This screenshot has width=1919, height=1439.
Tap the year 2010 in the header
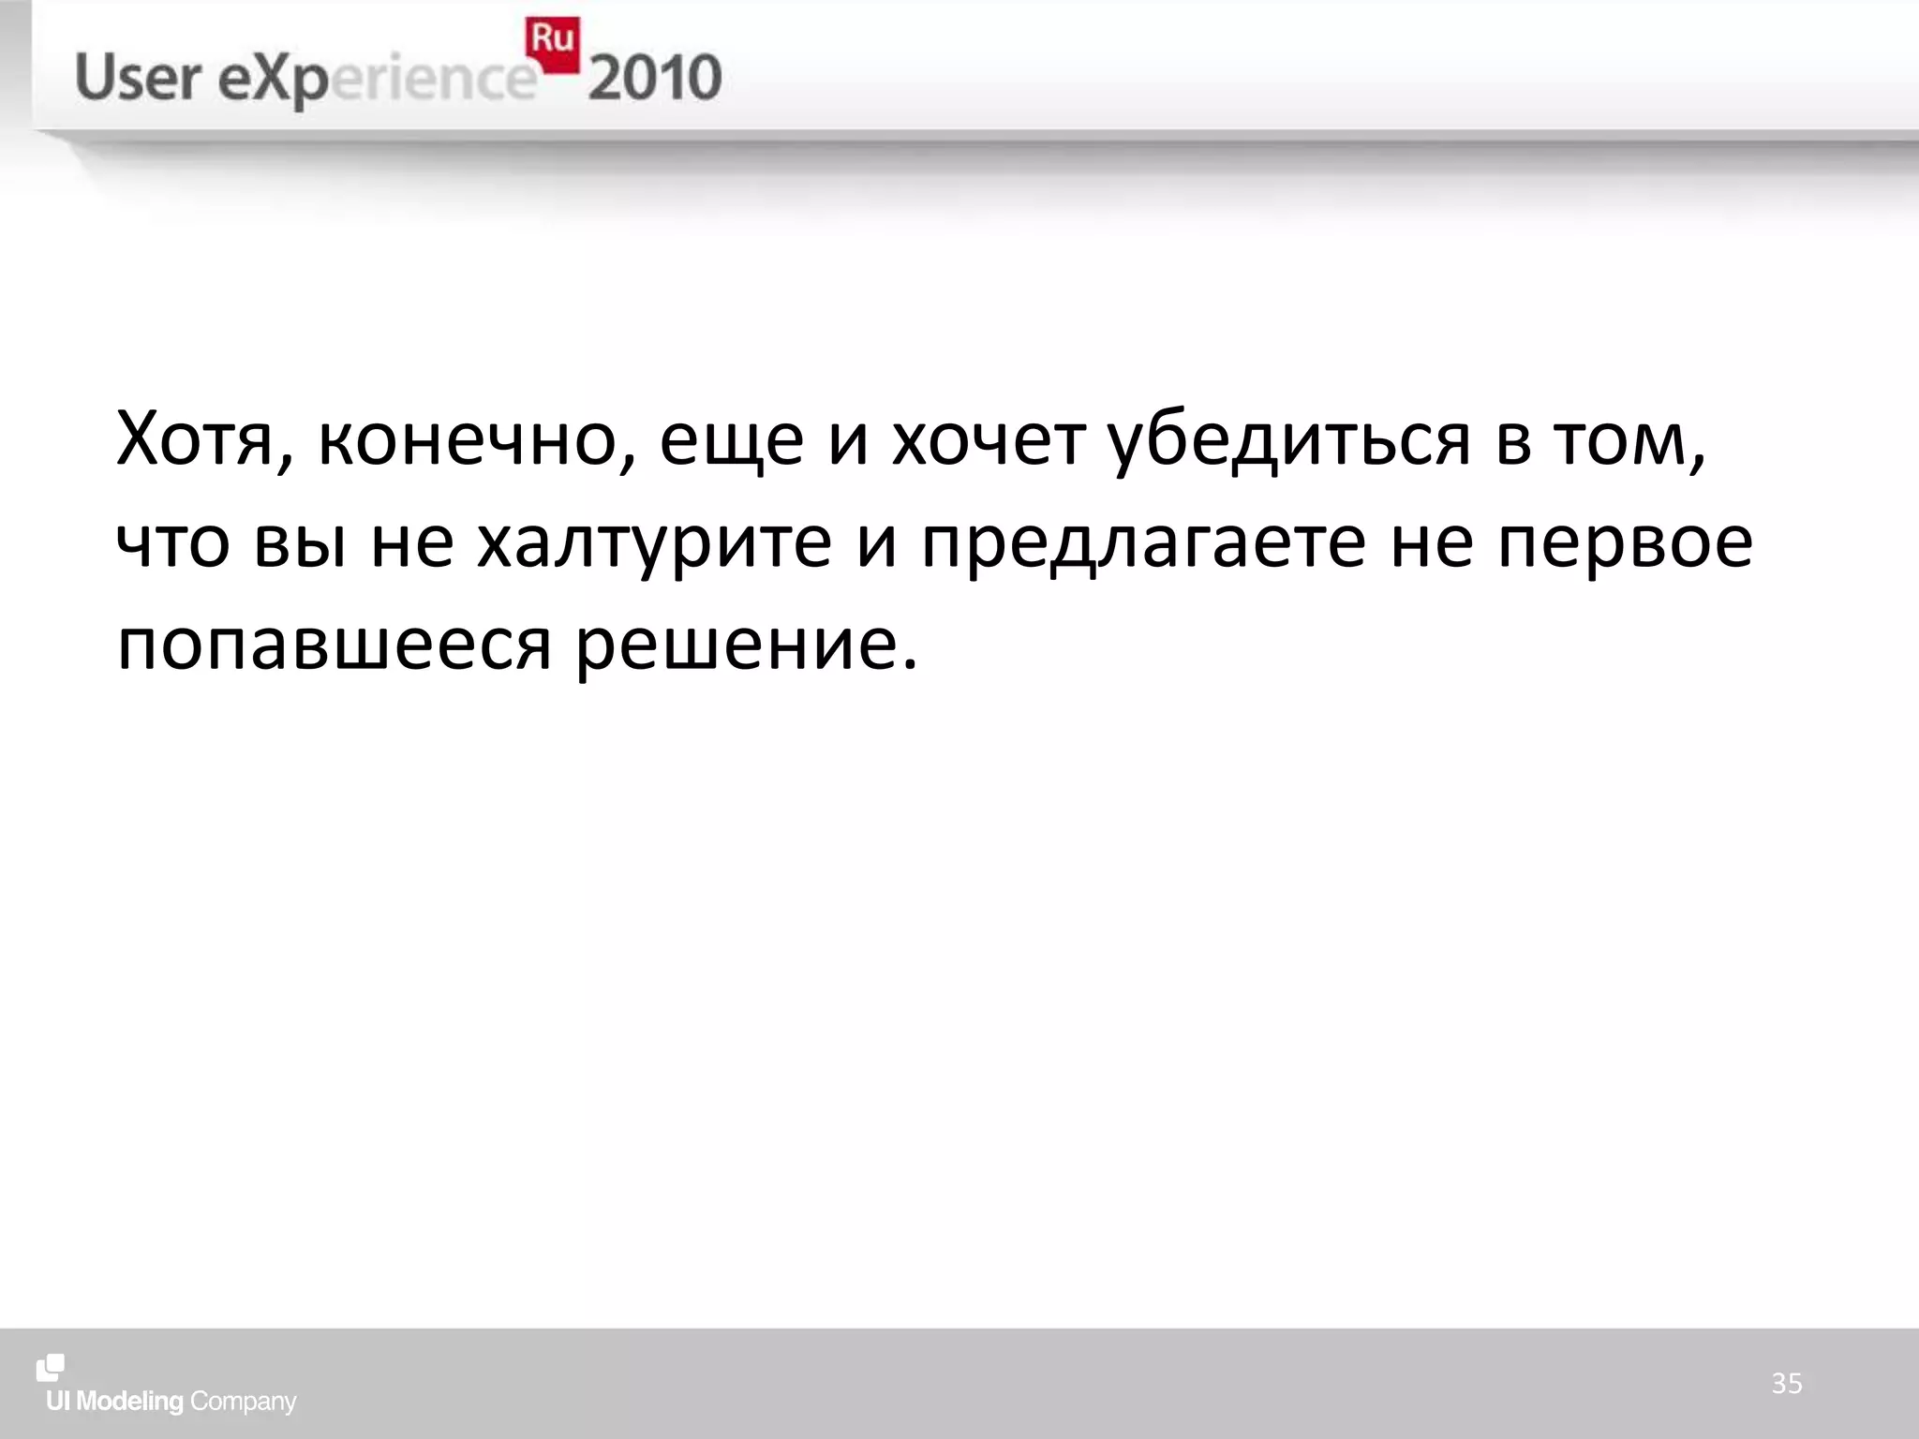click(x=655, y=78)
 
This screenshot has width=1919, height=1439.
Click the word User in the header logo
click(x=138, y=78)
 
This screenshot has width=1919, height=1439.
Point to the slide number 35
click(x=1786, y=1383)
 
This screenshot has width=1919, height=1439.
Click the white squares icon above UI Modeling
click(x=51, y=1368)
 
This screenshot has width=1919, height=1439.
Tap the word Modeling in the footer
click(x=130, y=1402)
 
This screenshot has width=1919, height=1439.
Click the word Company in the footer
click(x=243, y=1402)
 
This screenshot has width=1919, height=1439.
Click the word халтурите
click(x=654, y=543)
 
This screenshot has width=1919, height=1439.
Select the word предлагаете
click(x=1143, y=543)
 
